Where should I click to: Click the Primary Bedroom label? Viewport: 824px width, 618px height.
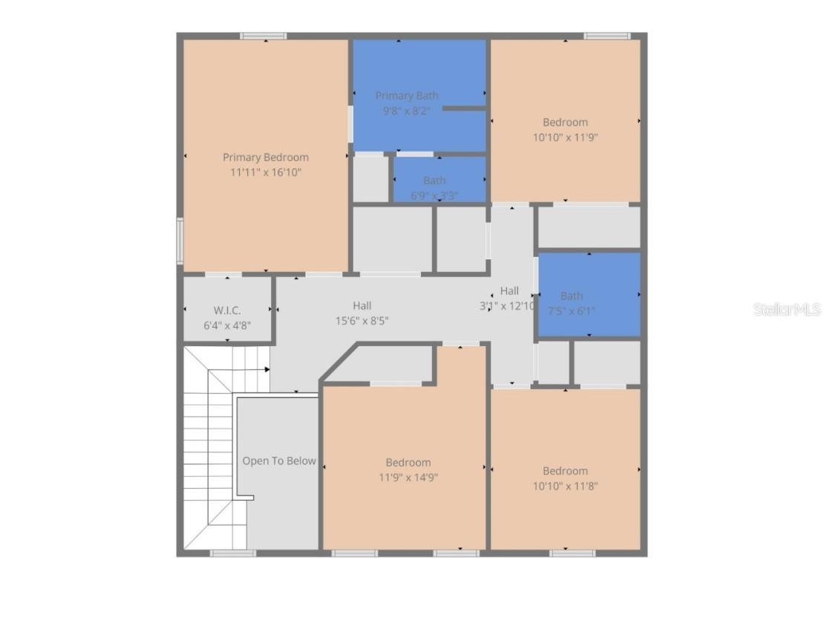pos(265,157)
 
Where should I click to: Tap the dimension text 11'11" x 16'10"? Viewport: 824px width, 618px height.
pos(265,172)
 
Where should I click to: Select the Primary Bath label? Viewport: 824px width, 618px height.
pos(406,96)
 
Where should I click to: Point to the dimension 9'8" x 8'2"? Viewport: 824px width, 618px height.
pos(406,111)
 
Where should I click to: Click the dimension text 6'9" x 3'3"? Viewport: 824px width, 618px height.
pos(434,196)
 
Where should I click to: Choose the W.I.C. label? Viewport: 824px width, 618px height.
pos(227,310)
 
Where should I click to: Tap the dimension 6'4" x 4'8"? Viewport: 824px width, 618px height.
pos(227,325)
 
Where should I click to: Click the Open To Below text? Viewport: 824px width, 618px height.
pos(278,461)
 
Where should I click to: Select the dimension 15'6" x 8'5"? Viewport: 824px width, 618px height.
pos(362,321)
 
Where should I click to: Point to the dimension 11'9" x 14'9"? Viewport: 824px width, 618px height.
pos(408,478)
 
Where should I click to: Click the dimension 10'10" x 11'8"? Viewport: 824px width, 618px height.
pos(565,486)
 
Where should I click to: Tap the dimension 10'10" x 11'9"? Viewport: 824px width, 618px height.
pos(565,137)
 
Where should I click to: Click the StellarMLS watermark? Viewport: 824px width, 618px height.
pos(787,309)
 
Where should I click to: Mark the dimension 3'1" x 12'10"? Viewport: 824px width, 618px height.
pos(508,305)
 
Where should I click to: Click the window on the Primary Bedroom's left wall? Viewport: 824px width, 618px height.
pos(180,240)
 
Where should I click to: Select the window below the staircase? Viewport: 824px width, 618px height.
pos(232,553)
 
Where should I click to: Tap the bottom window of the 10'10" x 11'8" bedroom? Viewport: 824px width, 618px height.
pos(572,553)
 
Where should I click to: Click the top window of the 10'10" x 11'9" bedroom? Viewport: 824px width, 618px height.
pos(606,36)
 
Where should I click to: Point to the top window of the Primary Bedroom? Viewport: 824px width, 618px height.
pos(263,36)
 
